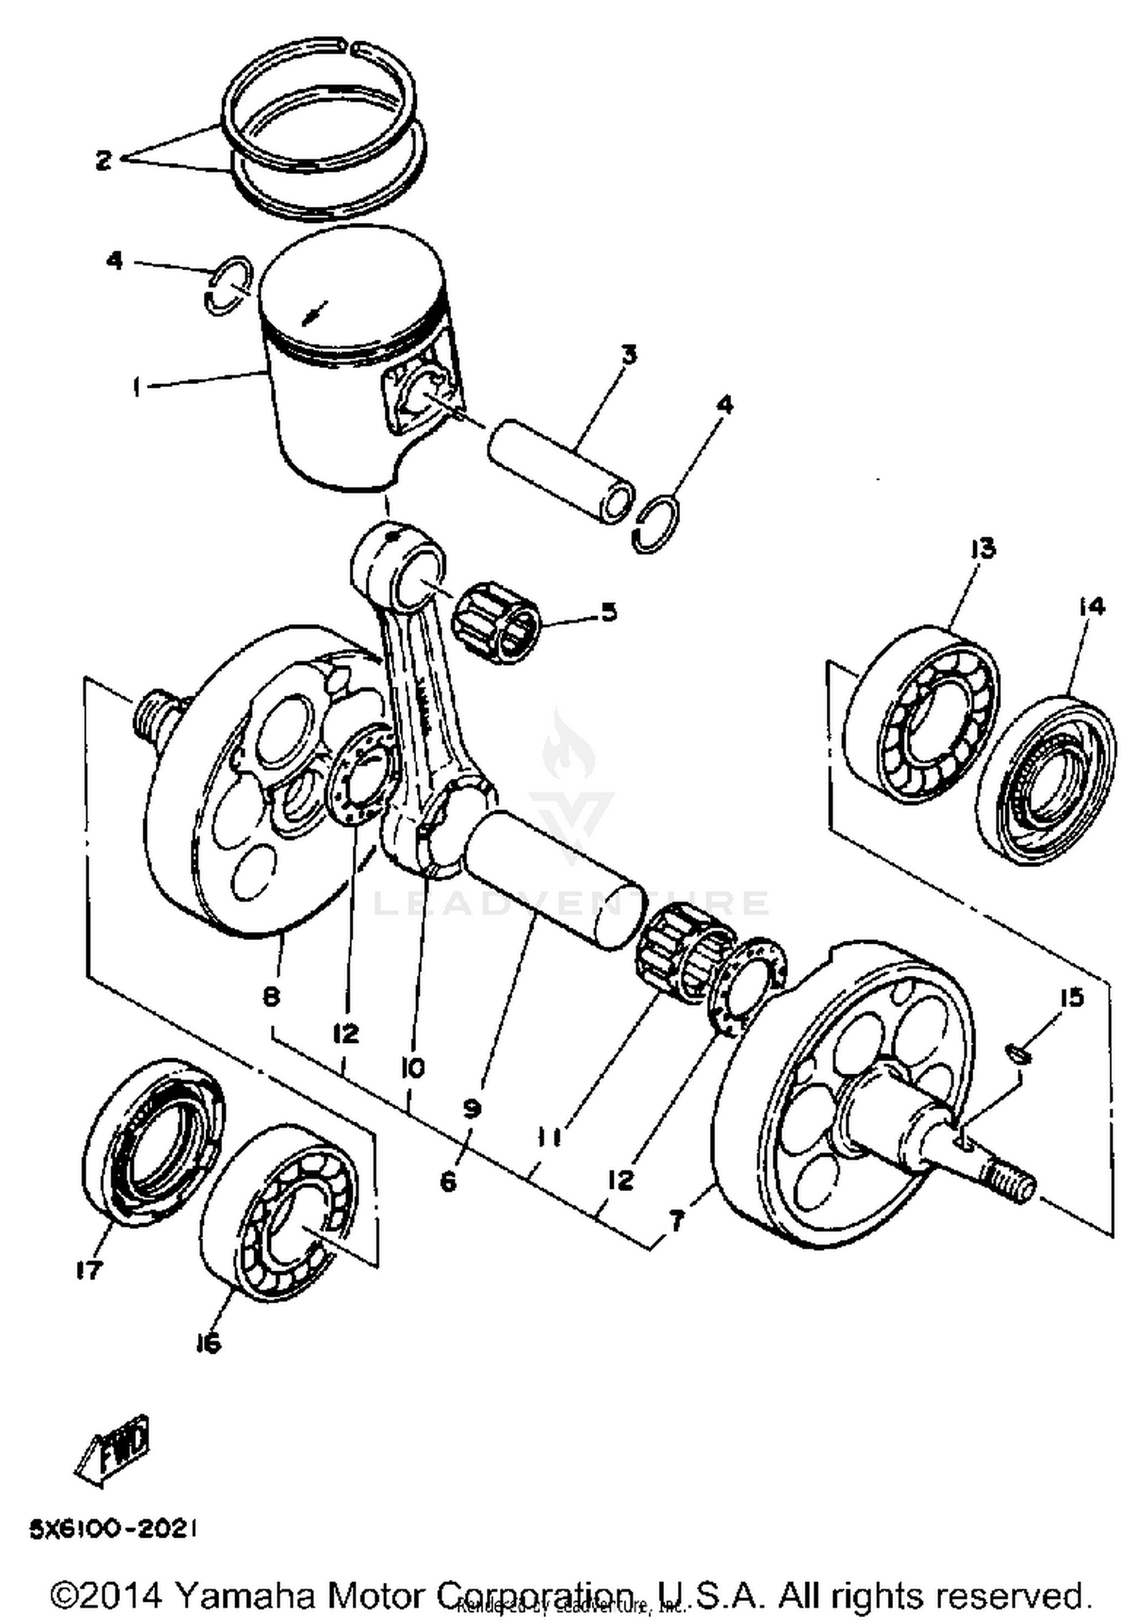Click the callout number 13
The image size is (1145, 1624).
pyautogui.click(x=982, y=547)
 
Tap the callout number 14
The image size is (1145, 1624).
pyautogui.click(x=1091, y=606)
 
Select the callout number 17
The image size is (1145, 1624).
pyautogui.click(x=89, y=1270)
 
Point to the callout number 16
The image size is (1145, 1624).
pyautogui.click(x=208, y=1342)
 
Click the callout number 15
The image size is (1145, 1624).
pyautogui.click(x=1072, y=997)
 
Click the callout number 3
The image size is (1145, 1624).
pyautogui.click(x=628, y=355)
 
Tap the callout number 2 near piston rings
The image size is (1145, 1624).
pyautogui.click(x=104, y=160)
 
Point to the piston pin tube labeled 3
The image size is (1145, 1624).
pyautogui.click(x=561, y=473)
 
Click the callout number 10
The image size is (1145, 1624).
pyautogui.click(x=412, y=1067)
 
